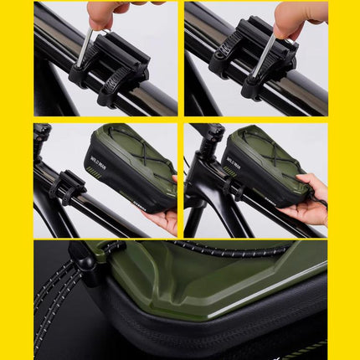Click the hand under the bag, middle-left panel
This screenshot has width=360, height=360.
[163, 219]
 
